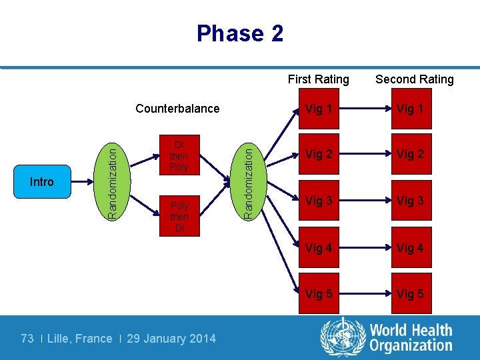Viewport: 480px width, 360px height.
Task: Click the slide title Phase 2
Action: point(240,33)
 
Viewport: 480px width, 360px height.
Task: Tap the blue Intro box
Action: point(42,182)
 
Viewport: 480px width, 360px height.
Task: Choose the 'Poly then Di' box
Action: point(179,217)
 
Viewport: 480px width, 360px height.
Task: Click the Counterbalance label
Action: point(177,109)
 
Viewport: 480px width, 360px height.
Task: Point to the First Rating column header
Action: point(318,79)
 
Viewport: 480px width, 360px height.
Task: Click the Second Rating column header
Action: point(414,79)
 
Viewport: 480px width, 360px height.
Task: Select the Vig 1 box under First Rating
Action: point(319,109)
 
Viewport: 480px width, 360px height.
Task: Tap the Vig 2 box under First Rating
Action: point(319,155)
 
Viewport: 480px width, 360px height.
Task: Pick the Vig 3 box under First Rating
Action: point(319,201)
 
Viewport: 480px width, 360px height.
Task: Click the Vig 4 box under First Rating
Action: point(319,248)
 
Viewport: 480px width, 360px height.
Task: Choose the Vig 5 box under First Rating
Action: point(319,294)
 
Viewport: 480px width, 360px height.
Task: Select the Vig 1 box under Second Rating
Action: point(411,109)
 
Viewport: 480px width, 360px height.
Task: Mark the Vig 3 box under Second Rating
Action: point(411,201)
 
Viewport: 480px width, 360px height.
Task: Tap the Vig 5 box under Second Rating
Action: point(411,294)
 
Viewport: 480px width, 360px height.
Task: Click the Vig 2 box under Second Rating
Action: point(411,155)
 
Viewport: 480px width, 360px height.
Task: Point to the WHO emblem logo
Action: point(341,337)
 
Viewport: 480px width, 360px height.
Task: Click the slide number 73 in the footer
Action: point(27,339)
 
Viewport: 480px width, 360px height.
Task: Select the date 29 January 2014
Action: point(171,339)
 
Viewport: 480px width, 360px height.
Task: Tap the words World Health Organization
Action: point(411,338)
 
